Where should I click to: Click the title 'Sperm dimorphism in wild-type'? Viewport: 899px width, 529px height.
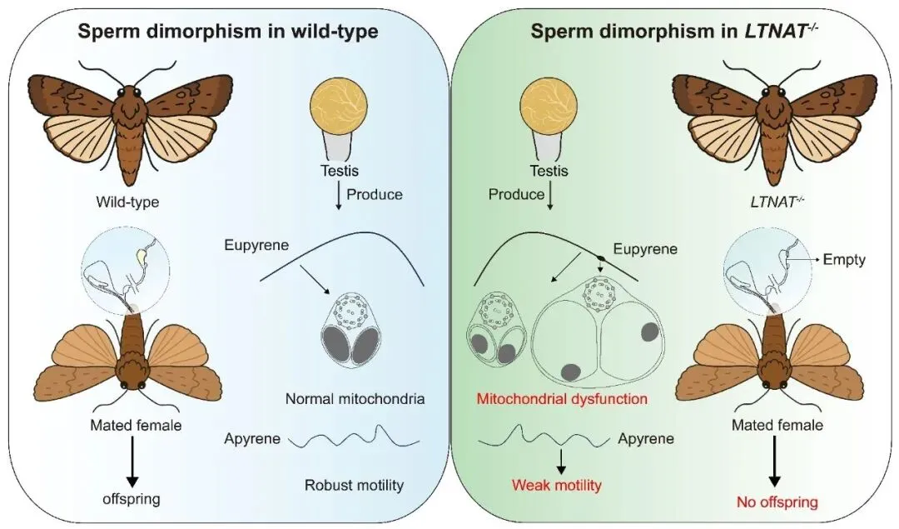tap(228, 33)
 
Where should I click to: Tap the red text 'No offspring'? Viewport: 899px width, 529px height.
tap(776, 502)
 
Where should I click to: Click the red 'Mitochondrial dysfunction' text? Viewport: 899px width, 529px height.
tap(562, 398)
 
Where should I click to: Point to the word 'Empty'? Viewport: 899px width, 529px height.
tap(844, 260)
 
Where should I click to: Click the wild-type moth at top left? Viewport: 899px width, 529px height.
tap(130, 124)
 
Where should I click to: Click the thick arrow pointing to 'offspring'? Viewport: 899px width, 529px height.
tap(131, 462)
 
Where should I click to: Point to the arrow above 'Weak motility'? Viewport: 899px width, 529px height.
tap(562, 462)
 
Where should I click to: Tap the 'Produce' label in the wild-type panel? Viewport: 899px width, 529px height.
tap(374, 194)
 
